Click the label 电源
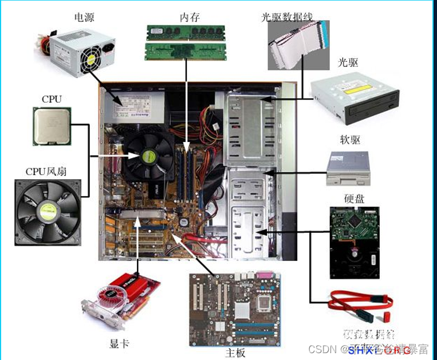coord(84,17)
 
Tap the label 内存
coord(190,17)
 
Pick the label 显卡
coord(119,344)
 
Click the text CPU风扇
coord(46,171)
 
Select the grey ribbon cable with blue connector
coord(298,46)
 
